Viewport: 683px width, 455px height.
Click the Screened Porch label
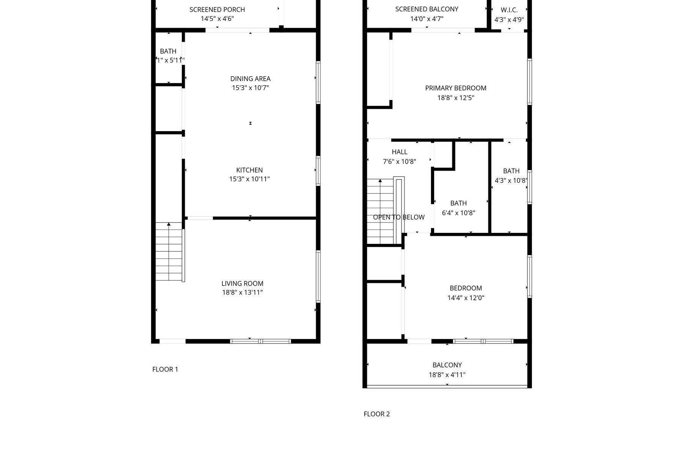point(217,9)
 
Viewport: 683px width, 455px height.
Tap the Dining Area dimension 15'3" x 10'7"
point(250,88)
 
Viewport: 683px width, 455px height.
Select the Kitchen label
point(249,170)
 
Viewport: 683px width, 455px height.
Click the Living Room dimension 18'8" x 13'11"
point(242,293)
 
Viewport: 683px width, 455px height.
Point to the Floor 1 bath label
point(168,51)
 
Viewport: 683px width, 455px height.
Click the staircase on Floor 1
point(168,252)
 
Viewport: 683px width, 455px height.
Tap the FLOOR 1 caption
point(165,369)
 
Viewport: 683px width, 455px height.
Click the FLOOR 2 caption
point(376,414)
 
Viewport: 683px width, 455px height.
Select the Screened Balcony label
point(426,9)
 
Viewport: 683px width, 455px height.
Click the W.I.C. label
point(509,10)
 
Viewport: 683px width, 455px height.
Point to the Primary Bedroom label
point(455,88)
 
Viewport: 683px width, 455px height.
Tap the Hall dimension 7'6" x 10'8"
point(399,162)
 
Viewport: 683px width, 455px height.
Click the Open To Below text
point(398,217)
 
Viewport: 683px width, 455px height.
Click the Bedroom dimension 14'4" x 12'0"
point(466,298)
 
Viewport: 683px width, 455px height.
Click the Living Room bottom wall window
point(260,341)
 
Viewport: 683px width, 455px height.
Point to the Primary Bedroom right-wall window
point(529,82)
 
